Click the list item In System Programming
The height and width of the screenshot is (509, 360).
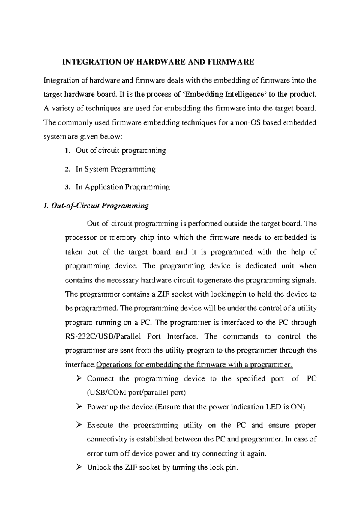[x=115, y=169]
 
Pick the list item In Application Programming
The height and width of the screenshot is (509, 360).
[x=123, y=187]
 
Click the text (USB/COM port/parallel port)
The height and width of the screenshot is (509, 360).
[x=136, y=393]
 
